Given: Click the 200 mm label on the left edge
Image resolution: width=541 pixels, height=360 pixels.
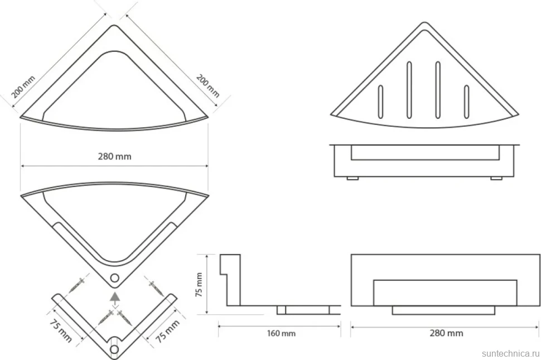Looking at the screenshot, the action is (x=23, y=87).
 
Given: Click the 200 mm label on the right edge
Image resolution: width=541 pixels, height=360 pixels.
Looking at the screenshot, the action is (x=207, y=85).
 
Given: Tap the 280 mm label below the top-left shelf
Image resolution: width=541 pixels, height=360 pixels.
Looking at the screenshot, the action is (x=114, y=156).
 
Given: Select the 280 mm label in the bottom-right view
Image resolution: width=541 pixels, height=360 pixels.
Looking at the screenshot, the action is (x=446, y=333).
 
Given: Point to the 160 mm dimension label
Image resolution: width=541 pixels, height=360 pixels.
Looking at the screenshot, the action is (x=281, y=333).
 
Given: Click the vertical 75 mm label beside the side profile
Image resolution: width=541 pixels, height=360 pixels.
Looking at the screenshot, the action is (x=200, y=285).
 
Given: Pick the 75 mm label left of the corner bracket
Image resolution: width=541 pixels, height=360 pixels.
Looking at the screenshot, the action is (x=61, y=331).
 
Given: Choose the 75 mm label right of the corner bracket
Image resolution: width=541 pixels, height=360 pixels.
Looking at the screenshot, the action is (x=168, y=331).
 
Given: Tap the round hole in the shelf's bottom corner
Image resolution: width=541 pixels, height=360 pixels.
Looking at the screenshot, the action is (x=114, y=278).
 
